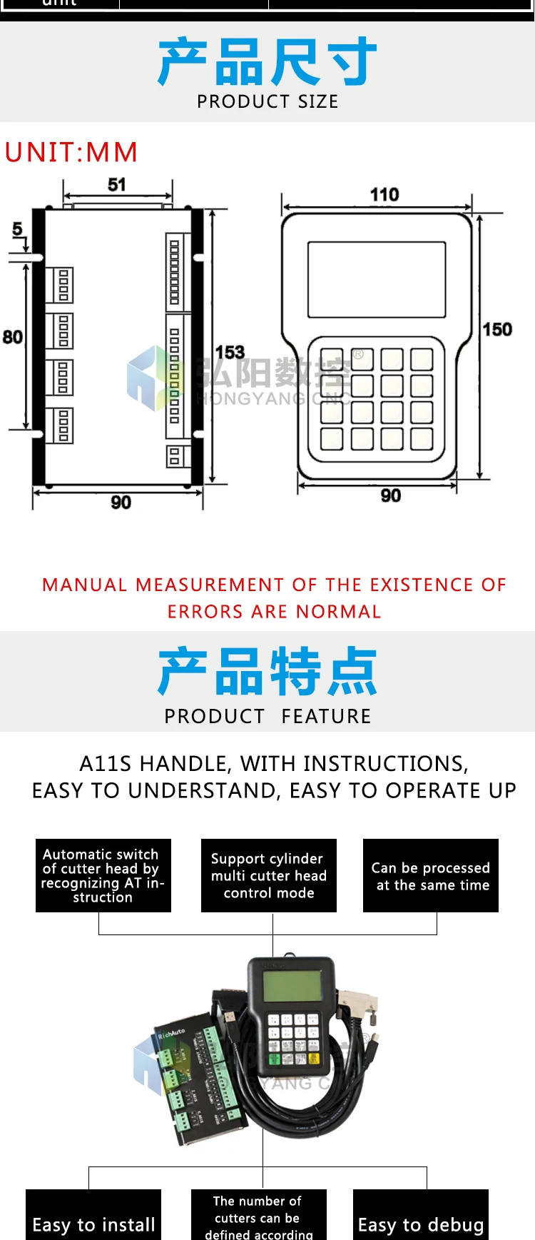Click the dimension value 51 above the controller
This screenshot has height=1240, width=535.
click(117, 185)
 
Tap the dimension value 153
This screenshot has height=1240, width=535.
click(230, 352)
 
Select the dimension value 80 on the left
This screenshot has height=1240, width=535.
click(12, 337)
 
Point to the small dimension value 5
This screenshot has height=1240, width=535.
click(17, 229)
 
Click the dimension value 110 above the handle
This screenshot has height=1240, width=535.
click(384, 194)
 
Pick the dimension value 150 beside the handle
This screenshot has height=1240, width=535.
click(497, 329)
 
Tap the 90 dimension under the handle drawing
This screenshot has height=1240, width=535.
click(390, 495)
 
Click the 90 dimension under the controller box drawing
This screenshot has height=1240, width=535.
click(121, 503)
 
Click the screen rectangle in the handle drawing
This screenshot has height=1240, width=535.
click(377, 279)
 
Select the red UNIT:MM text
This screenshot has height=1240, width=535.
click(71, 152)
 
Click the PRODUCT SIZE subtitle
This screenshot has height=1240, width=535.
click(267, 102)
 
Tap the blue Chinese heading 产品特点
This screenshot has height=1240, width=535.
click(267, 672)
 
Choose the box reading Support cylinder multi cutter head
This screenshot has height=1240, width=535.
click(269, 875)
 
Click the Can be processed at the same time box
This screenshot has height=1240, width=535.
click(431, 876)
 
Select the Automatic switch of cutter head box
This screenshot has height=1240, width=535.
click(103, 875)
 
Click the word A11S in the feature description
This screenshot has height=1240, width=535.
click(106, 764)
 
